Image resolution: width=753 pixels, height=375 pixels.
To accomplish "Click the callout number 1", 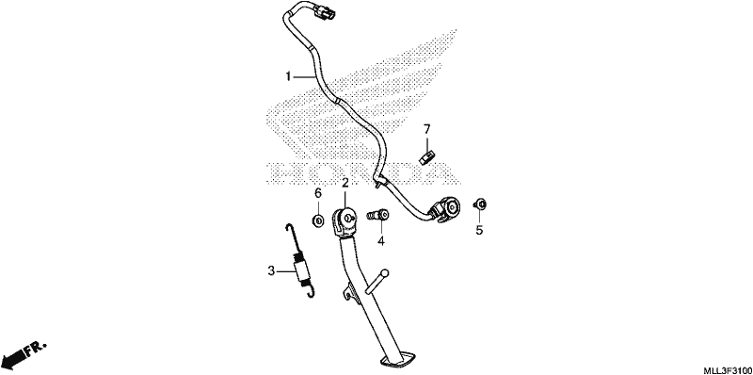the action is point(288,76).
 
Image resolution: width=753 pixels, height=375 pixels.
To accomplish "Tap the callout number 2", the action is point(344,183).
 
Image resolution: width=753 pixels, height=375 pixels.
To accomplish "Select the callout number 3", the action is point(271,271).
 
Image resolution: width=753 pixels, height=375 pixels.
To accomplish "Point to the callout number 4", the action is point(381,241).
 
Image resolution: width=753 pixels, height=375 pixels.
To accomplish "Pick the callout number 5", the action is point(479,230).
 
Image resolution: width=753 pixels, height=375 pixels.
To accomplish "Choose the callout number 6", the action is point(317,193).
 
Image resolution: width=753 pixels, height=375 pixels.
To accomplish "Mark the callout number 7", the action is point(427,129).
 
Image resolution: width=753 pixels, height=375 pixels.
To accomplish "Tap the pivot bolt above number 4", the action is point(378,215).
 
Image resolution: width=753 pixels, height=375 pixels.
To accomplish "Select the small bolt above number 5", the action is point(479,204).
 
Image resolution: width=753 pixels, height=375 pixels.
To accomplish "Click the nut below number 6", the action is point(317,221).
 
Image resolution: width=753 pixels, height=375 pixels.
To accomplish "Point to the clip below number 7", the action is point(427,157).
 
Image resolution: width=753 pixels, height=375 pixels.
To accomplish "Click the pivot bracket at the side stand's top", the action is point(344,221).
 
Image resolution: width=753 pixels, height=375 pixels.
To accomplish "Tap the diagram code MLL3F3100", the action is point(727,370).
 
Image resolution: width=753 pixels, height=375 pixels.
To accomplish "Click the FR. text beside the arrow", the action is point(36,348).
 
